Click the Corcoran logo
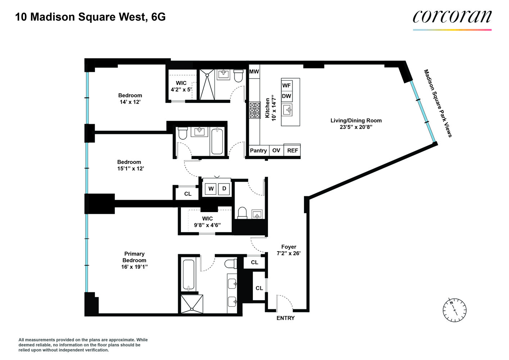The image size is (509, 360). pos(452,17)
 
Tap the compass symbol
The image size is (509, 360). pos(454,310)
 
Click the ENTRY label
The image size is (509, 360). pos(285,318)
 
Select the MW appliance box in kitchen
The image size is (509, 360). pos(254,72)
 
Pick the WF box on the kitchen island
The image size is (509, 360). pos(286,85)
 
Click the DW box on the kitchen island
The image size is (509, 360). pos(286,96)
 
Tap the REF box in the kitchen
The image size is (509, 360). pos(292,150)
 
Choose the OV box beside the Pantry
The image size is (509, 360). pos(276,150)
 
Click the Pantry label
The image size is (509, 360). pos(258,150)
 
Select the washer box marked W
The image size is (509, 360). pos(211,189)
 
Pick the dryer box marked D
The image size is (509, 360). pos(224,189)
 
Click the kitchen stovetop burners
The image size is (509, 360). pos(255,110)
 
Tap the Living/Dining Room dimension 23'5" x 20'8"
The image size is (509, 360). pos(356,127)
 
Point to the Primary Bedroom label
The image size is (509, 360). pos(134,257)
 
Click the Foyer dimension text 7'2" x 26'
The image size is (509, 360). pos(288,253)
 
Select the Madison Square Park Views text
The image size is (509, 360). pos(437,103)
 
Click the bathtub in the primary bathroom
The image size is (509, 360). pos(188,275)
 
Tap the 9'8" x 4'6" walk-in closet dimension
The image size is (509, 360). pos(207,225)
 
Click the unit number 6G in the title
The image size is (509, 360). pos(158,17)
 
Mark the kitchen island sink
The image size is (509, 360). pos(288,110)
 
